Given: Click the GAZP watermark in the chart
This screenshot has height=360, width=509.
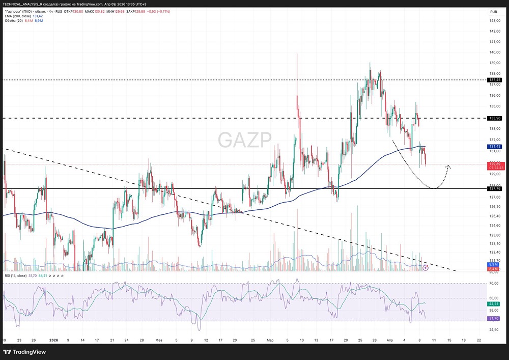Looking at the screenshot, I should (x=245, y=140).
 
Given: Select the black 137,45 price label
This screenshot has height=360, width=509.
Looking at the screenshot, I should (x=495, y=80).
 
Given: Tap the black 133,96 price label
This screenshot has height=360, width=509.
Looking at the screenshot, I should (x=495, y=118).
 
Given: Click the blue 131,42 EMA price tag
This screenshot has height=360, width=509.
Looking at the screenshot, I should (x=495, y=146).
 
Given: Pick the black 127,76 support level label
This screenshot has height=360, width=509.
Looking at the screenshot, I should (x=495, y=188).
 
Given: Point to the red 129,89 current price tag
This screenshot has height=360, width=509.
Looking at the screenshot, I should (x=495, y=164).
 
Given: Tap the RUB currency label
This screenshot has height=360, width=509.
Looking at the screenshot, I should (x=493, y=12).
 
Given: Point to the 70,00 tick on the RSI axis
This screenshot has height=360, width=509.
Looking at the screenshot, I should (x=493, y=283).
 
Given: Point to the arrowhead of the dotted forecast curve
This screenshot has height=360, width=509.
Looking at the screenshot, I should (x=448, y=165).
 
